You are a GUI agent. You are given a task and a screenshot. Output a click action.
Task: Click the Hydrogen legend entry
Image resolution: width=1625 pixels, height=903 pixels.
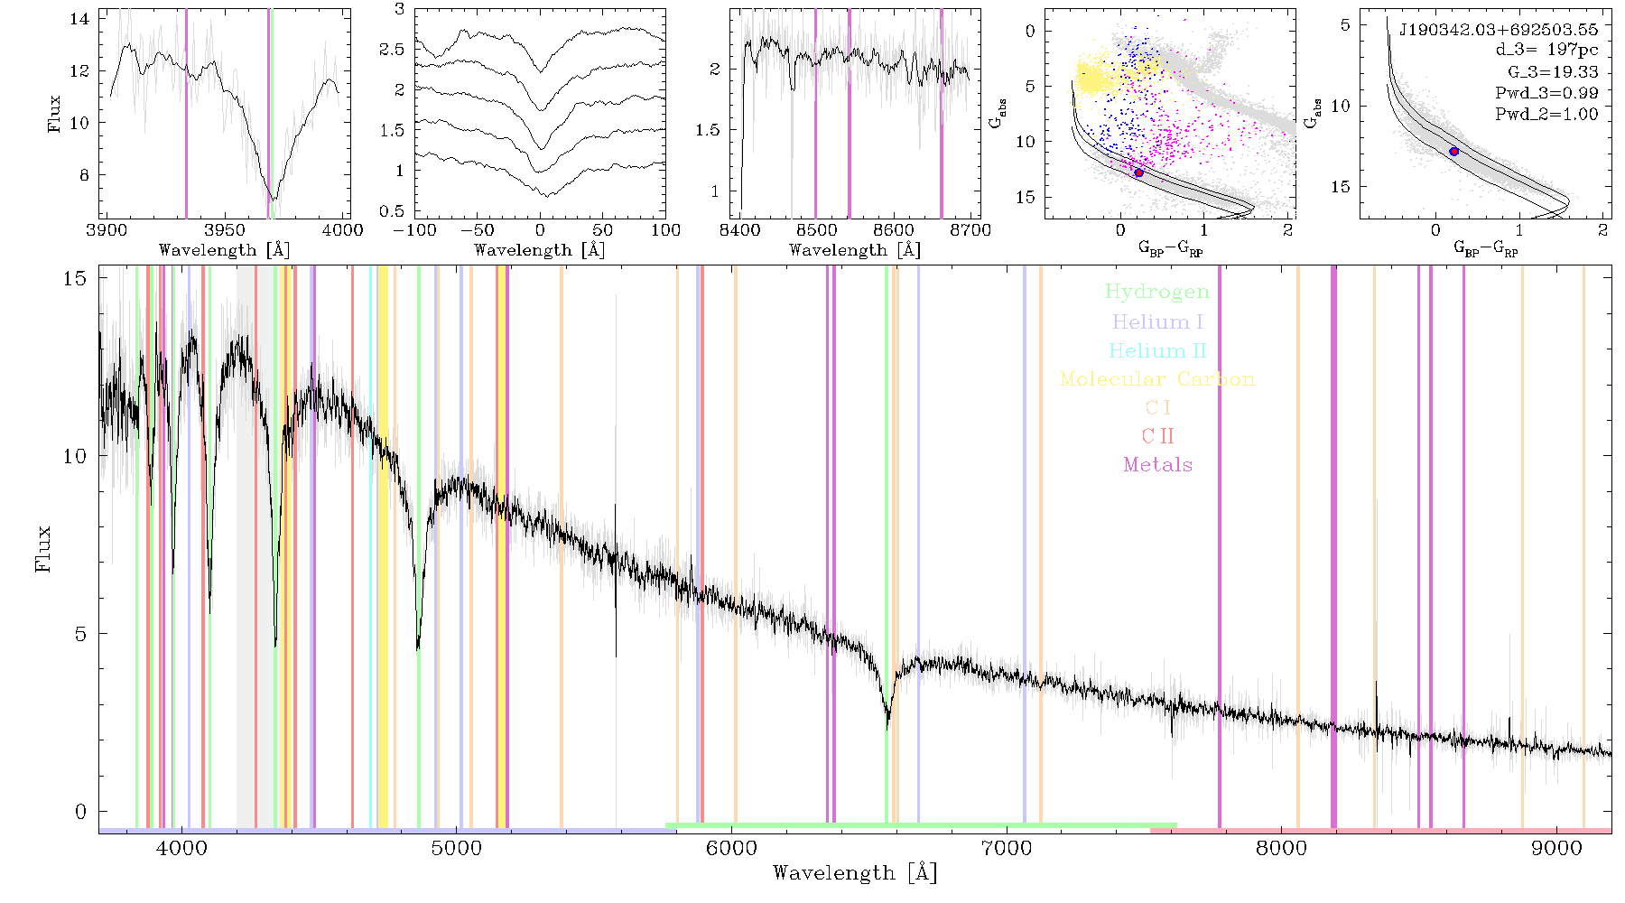[1157, 292]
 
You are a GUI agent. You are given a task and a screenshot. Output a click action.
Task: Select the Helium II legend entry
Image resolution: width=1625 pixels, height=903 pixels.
[1157, 350]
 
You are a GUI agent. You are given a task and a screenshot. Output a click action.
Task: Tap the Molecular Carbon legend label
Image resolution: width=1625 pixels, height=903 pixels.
[1157, 379]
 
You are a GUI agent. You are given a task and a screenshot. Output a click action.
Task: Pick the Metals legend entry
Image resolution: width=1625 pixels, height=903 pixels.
[1158, 465]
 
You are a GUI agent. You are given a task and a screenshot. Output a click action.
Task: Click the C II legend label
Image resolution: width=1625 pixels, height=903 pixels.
[1158, 436]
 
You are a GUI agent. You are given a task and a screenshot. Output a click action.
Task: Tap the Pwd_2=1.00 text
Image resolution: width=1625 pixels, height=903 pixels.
[1546, 114]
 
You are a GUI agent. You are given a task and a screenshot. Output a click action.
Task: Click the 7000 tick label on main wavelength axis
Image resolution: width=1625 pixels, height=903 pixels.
[1007, 848]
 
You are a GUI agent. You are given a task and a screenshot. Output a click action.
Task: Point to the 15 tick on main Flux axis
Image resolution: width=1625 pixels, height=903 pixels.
[75, 278]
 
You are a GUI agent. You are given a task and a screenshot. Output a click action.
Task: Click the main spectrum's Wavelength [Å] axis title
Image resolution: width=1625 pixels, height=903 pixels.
[855, 873]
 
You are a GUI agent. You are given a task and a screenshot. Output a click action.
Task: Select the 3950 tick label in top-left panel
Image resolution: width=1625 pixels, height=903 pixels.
[224, 229]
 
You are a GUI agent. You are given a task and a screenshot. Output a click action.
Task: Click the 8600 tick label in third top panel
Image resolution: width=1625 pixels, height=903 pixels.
[894, 229]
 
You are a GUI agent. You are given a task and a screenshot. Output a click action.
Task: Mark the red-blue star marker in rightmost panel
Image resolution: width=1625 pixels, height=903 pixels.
[1453, 151]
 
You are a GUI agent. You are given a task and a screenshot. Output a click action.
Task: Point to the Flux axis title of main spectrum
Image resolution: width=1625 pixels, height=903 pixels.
[42, 549]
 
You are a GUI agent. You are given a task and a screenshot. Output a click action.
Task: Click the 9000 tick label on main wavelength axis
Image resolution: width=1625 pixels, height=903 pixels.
[1556, 848]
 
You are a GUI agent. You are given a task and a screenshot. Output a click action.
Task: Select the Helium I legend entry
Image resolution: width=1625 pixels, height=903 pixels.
[1157, 321]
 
